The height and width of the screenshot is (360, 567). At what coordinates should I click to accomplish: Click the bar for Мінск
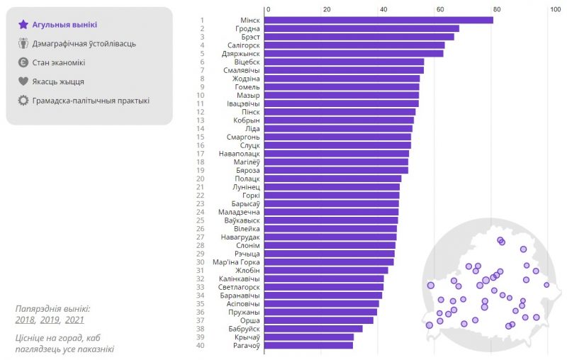tap(379, 20)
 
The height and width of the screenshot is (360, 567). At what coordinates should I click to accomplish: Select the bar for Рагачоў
tap(309, 346)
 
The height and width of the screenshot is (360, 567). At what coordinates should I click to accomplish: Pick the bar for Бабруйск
tap(314, 329)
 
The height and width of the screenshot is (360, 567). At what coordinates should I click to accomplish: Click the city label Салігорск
tap(238, 45)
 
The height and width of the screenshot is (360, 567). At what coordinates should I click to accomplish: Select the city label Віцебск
tap(245, 62)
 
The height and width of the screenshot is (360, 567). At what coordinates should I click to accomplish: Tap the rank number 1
tap(202, 20)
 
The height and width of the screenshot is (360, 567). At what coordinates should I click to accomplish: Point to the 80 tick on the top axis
tap(497, 9)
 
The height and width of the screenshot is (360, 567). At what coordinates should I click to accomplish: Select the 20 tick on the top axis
tap(326, 9)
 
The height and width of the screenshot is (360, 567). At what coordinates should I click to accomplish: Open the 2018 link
tap(25, 320)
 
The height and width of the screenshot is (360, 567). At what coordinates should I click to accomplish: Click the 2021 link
tap(74, 320)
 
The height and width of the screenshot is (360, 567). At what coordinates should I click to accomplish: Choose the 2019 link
tap(50, 320)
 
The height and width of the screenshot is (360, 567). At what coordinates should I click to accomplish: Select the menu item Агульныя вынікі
tap(64, 25)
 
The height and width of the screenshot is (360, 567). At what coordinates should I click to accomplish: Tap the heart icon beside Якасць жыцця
tap(23, 81)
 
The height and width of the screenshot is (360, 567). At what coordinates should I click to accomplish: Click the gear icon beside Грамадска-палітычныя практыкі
tap(23, 101)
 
